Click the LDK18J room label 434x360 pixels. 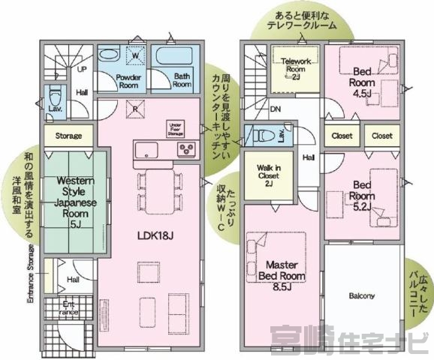pyautogui.click(x=156, y=235)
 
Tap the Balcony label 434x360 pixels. pyautogui.click(x=362, y=295)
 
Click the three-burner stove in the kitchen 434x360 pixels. pyautogui.click(x=185, y=148)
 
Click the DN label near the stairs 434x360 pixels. pyautogui.click(x=275, y=107)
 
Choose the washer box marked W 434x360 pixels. pyautogui.click(x=136, y=56)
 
